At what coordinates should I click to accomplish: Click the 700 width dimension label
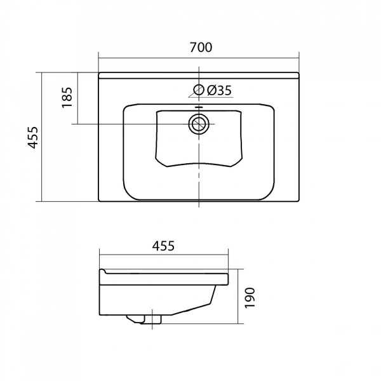click(x=201, y=48)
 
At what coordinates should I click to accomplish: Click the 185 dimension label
click(x=67, y=97)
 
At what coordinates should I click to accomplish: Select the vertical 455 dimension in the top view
click(x=33, y=137)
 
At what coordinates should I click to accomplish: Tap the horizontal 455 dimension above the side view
click(x=163, y=246)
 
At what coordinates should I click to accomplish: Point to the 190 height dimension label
click(x=250, y=298)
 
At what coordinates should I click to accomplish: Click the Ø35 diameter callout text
click(x=219, y=91)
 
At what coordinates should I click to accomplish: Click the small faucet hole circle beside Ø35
click(x=199, y=90)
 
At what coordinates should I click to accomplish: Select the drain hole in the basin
click(x=199, y=124)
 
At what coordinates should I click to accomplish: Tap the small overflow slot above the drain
click(x=199, y=107)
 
